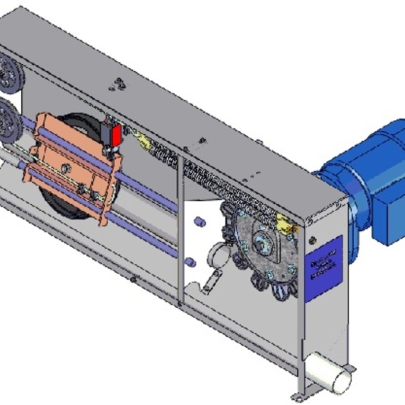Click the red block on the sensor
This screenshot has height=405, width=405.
click(116, 135)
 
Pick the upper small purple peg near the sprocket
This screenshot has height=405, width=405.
click(199, 222)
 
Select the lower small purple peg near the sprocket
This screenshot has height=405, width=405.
click(190, 262)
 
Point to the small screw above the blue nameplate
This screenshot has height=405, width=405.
click(314, 238)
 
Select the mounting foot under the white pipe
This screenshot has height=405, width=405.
click(347, 370)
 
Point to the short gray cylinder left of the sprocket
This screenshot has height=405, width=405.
click(216, 252)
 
